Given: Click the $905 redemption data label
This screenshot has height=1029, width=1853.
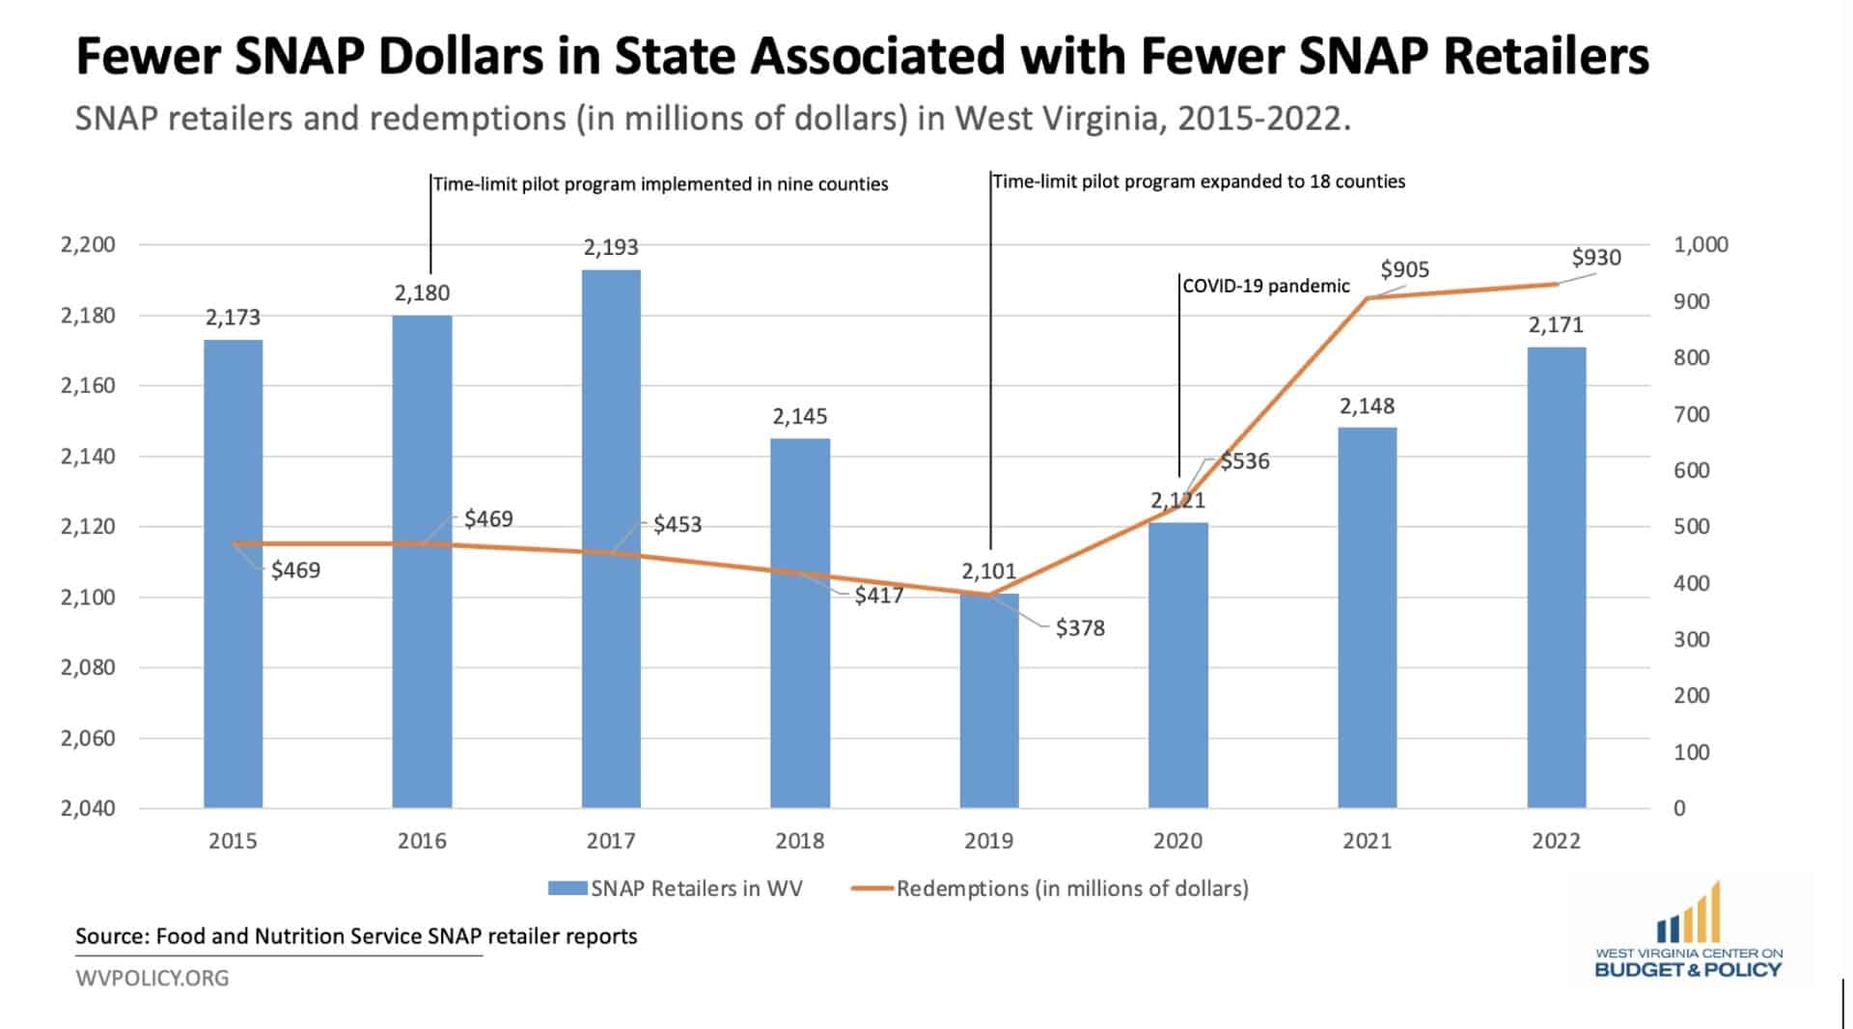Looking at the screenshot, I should (1404, 269).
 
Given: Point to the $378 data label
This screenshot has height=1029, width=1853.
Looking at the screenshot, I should (1080, 628).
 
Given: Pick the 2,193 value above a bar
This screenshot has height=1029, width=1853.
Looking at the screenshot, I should (611, 247).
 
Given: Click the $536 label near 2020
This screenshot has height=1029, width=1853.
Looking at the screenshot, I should (1244, 461).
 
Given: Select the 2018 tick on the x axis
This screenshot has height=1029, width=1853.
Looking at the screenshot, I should (800, 841).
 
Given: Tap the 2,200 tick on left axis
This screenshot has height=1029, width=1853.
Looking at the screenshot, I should (88, 244).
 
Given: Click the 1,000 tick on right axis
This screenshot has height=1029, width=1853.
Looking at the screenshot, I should (1701, 244).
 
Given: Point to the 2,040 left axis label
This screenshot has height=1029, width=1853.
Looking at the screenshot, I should (88, 809).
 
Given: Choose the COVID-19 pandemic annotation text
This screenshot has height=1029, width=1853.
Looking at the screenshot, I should (1266, 286).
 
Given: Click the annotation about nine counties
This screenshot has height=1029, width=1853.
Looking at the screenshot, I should (660, 184).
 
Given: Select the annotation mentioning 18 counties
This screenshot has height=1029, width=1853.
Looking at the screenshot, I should (1199, 181).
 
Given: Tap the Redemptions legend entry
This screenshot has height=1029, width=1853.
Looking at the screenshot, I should (1071, 888).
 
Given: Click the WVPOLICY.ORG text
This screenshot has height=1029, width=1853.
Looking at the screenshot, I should (152, 979).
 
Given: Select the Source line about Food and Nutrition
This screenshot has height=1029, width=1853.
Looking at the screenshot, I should (356, 936).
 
